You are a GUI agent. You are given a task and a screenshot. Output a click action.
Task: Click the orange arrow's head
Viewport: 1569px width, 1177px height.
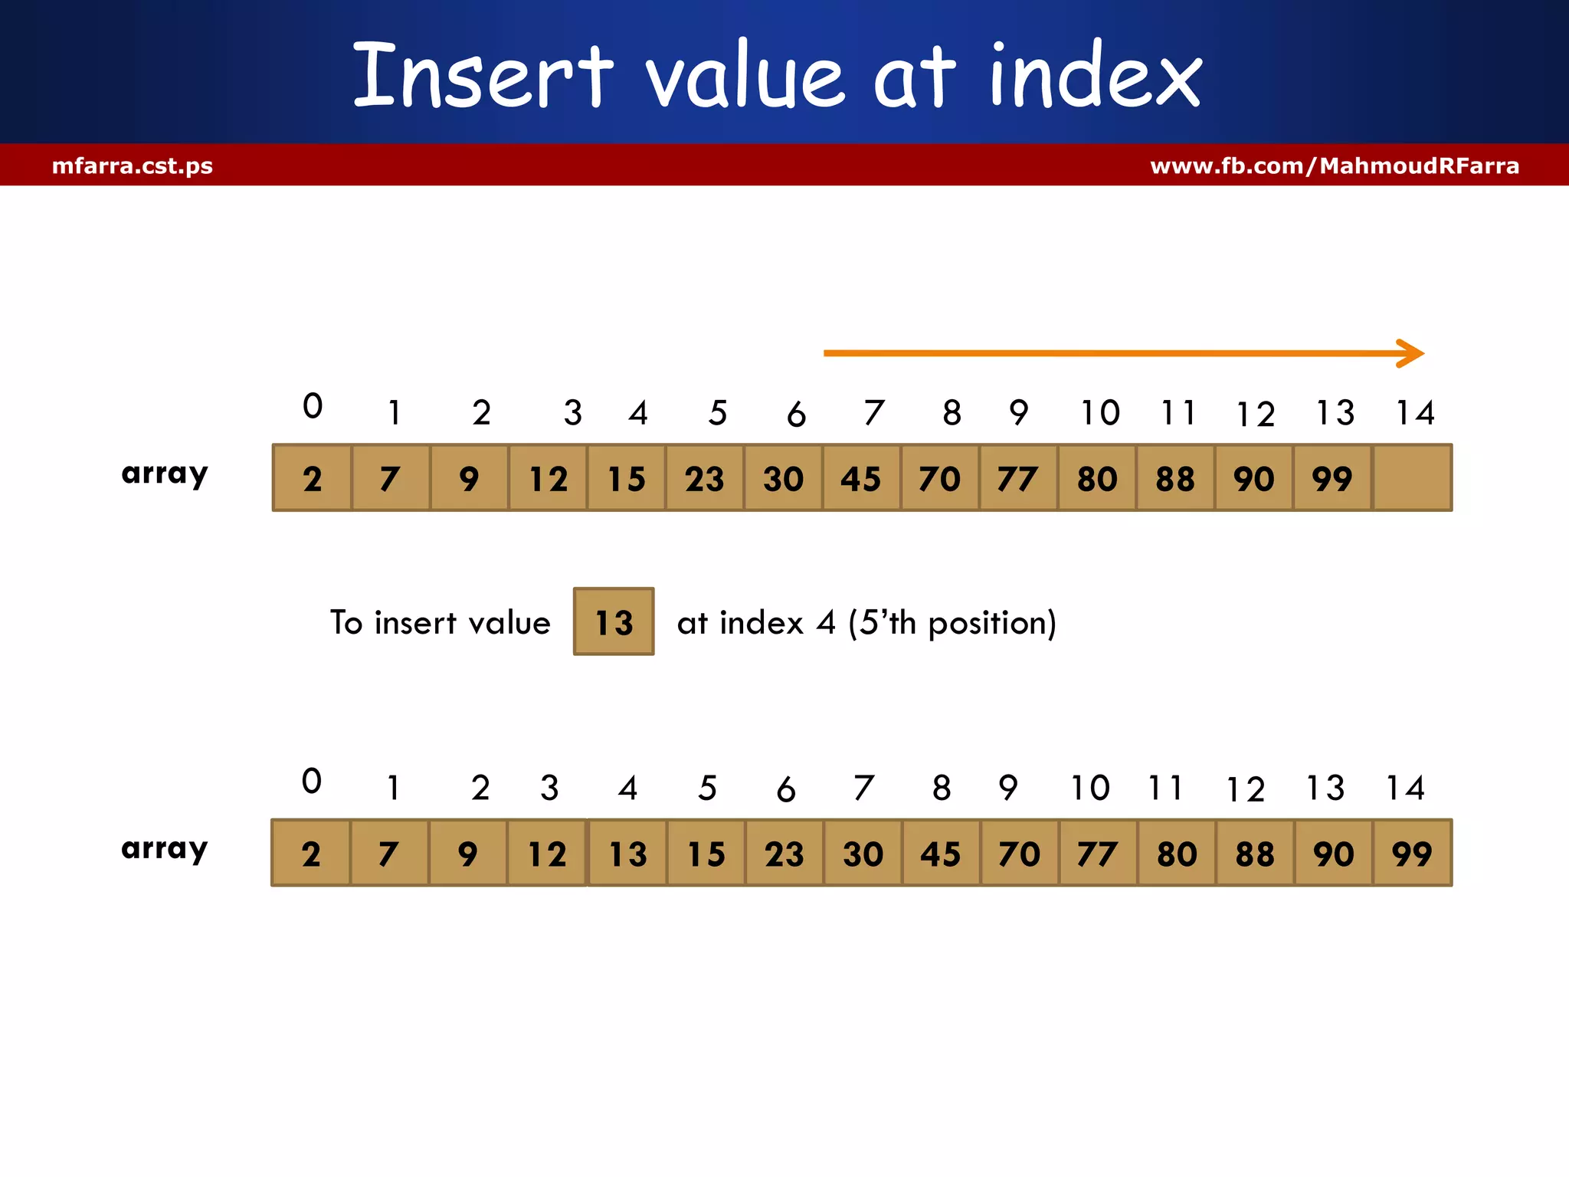pyautogui.click(x=1412, y=353)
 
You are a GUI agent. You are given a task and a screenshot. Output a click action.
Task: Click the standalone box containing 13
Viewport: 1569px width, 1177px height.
pyautogui.click(x=614, y=621)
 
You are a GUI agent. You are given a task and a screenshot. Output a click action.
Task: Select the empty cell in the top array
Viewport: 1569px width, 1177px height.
pyautogui.click(x=1412, y=478)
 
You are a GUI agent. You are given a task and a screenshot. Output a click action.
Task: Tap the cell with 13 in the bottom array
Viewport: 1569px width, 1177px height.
pyautogui.click(x=627, y=853)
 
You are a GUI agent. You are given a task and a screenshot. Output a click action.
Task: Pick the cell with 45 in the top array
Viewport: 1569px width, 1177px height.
pyautogui.click(x=861, y=478)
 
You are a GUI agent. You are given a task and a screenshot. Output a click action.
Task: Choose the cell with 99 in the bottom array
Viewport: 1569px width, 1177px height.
pyautogui.click(x=1412, y=853)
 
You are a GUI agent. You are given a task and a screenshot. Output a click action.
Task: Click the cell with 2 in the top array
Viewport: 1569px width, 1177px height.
pyautogui.click(x=313, y=478)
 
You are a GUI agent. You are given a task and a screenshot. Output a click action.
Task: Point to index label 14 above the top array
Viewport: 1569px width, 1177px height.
pyautogui.click(x=1414, y=413)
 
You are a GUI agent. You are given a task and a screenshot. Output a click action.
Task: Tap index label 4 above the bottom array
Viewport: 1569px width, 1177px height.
pyautogui.click(x=627, y=788)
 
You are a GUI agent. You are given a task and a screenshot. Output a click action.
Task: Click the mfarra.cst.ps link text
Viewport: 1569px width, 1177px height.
pyautogui.click(x=133, y=166)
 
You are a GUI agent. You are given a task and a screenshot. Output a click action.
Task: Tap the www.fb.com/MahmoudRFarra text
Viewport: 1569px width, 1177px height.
pyautogui.click(x=1335, y=166)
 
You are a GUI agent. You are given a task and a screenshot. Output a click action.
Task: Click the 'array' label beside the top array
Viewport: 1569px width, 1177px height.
pyautogui.click(x=165, y=474)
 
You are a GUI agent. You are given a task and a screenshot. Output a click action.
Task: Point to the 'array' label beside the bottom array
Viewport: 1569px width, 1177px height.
pyautogui.click(x=165, y=849)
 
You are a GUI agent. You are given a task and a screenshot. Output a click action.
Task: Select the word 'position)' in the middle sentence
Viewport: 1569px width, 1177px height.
pyautogui.click(x=992, y=623)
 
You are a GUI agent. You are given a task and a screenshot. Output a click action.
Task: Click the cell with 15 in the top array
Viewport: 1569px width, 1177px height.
pyautogui.click(x=626, y=478)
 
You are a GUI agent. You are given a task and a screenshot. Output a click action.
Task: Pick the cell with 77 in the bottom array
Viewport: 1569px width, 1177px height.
pyautogui.click(x=1097, y=853)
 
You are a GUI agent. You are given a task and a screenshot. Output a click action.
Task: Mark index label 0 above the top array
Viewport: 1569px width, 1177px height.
pyautogui.click(x=313, y=406)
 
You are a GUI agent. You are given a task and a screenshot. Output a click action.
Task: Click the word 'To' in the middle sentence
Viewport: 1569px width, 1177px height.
pyautogui.click(x=346, y=622)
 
